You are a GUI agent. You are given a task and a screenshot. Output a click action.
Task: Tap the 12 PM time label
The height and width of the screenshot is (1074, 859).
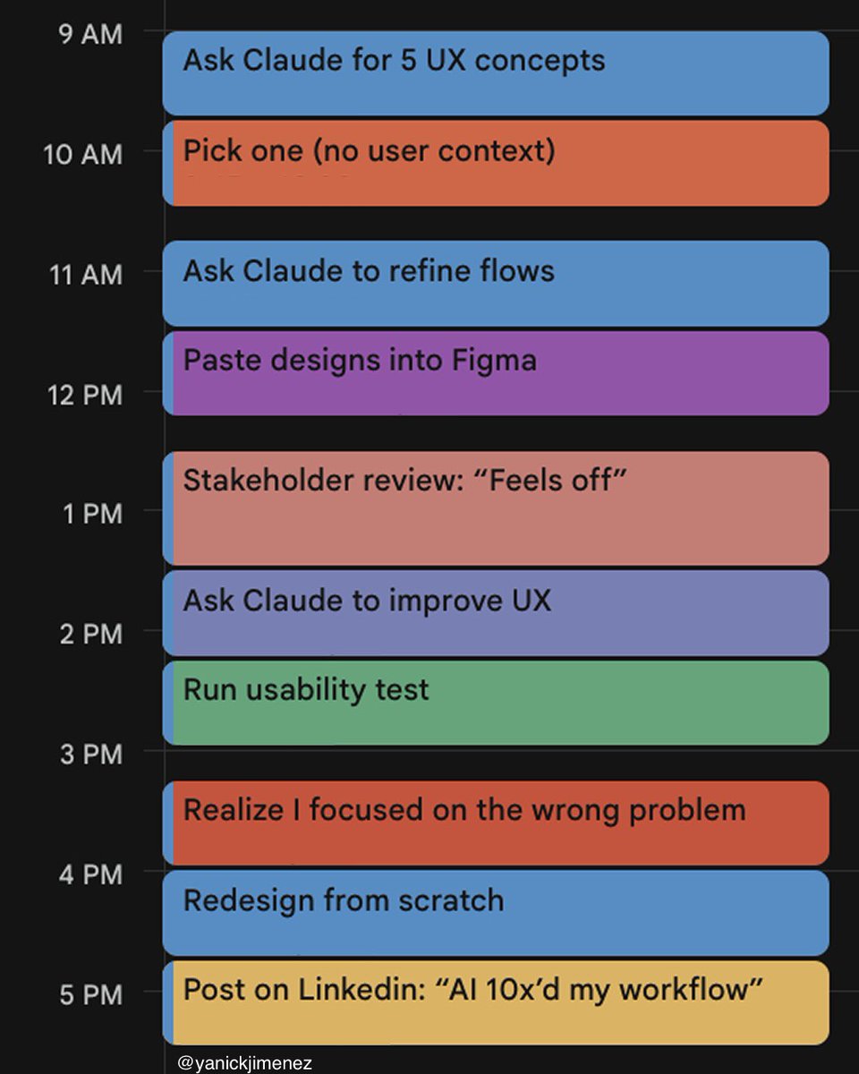[85, 395]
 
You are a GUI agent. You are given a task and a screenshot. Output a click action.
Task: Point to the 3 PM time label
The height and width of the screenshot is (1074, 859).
[89, 754]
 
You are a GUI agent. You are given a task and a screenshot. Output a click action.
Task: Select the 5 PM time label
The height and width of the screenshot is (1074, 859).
[89, 994]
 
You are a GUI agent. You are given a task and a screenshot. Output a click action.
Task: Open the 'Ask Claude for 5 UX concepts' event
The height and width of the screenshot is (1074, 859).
[496, 73]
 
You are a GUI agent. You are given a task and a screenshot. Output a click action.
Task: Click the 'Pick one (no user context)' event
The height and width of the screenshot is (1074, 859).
[496, 163]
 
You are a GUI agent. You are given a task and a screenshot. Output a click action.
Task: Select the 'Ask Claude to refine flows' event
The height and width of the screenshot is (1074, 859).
[496, 283]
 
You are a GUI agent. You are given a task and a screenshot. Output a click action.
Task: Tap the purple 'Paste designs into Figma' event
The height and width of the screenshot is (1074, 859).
[496, 373]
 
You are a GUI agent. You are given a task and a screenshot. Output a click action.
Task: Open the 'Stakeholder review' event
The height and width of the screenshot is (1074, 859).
[496, 508]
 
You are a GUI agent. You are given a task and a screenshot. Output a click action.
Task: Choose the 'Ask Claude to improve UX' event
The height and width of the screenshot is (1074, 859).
[496, 613]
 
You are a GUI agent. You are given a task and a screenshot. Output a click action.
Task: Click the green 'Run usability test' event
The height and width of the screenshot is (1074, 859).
[496, 703]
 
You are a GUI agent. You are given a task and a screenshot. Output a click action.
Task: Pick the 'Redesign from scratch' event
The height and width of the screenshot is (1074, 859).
[496, 913]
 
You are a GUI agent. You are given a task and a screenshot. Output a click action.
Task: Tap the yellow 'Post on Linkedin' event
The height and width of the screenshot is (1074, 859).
[496, 1002]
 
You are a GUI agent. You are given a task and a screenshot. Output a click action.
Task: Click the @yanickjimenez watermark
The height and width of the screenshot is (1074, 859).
[244, 1062]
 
